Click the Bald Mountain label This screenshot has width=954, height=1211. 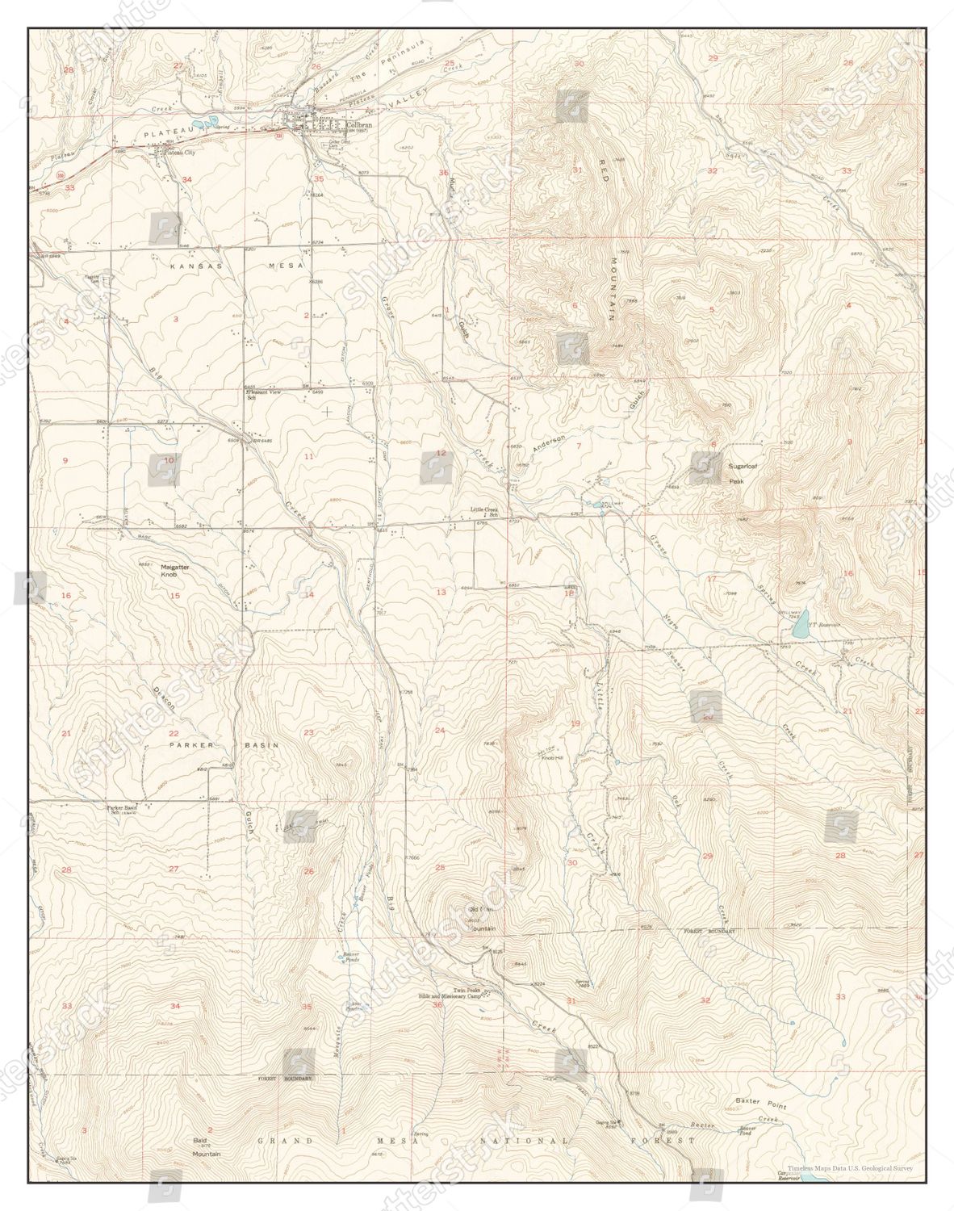[x=207, y=1149]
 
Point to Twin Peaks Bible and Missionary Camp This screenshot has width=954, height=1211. [x=462, y=994]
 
